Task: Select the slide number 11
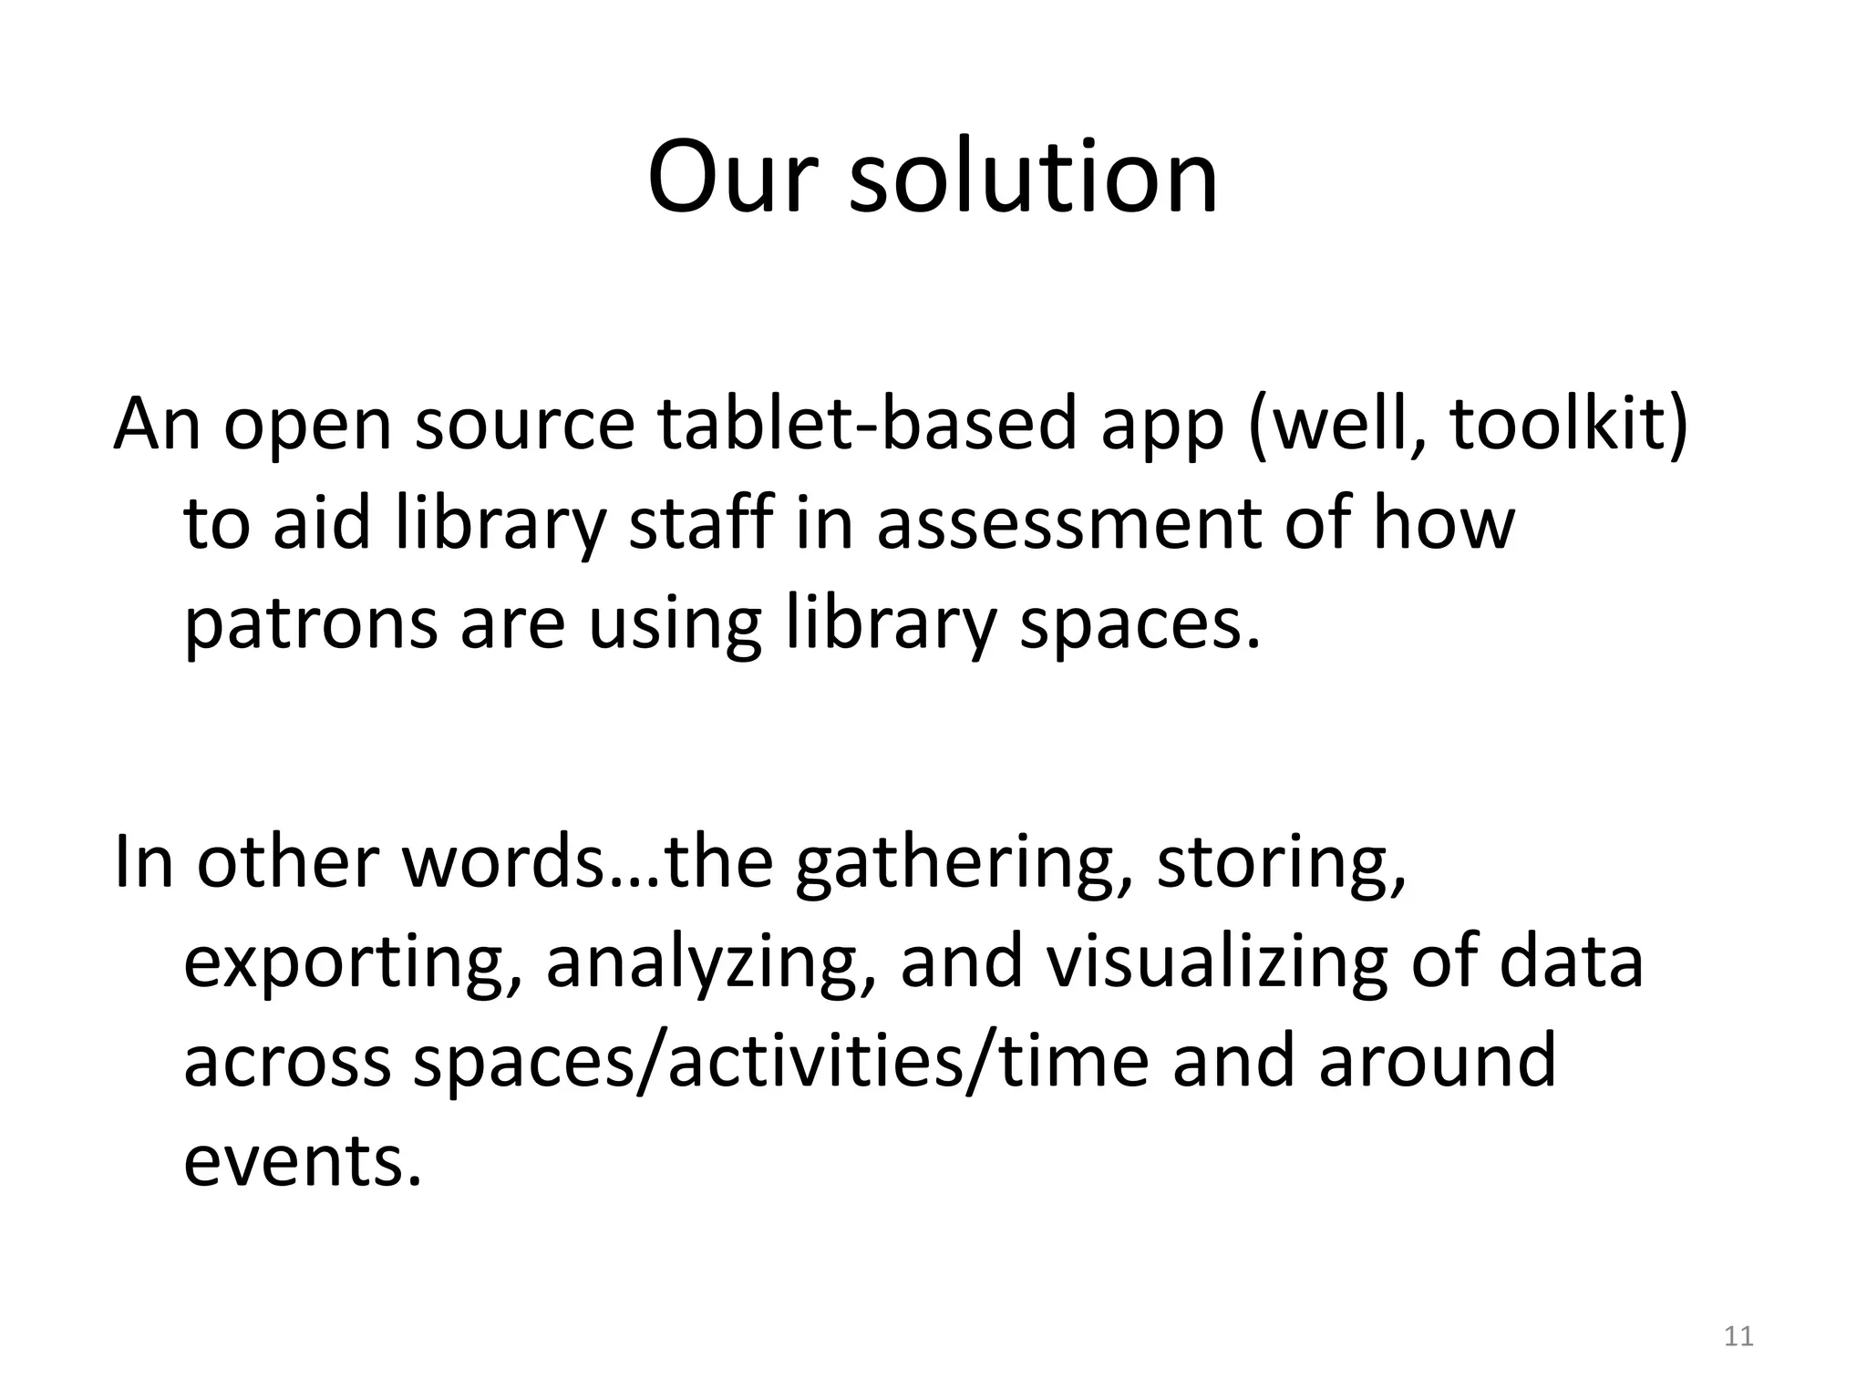[x=1739, y=1336]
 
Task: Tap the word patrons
[x=311, y=626]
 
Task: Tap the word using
[x=674, y=626]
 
